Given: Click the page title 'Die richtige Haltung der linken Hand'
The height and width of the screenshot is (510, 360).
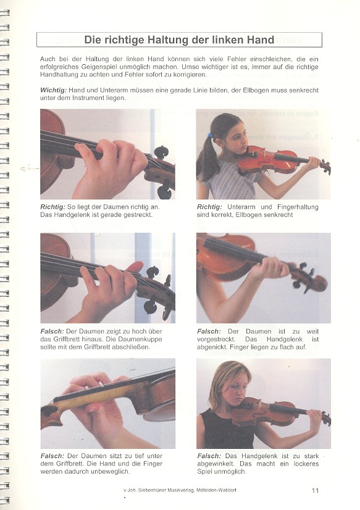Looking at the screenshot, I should pyautogui.click(x=179, y=40).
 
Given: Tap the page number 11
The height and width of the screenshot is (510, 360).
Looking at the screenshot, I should pyautogui.click(x=316, y=490).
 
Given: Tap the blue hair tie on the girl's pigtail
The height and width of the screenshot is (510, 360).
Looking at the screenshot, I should pyautogui.click(x=210, y=135).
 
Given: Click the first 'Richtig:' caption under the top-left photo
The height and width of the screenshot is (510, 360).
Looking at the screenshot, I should pyautogui.click(x=54, y=207).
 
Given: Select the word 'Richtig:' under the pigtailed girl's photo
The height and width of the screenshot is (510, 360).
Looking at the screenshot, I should pyautogui.click(x=210, y=207).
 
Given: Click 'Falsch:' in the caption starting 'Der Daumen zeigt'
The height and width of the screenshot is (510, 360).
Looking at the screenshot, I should pyautogui.click(x=53, y=331).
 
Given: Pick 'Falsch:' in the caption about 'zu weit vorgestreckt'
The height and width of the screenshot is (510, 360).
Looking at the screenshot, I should pyautogui.click(x=209, y=331).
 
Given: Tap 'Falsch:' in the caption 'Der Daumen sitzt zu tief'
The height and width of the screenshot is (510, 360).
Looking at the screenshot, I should pyautogui.click(x=53, y=456).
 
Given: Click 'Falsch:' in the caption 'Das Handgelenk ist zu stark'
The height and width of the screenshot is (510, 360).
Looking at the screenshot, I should pyautogui.click(x=209, y=456).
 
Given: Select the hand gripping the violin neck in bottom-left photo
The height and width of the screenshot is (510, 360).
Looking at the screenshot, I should pyautogui.click(x=93, y=404).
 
